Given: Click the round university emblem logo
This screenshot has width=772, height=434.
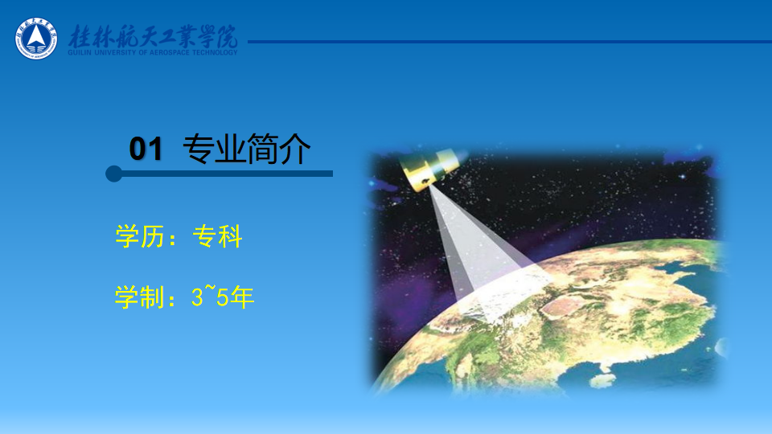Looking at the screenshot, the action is click(36, 39).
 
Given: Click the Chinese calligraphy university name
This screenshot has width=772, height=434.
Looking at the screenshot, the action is click(153, 36).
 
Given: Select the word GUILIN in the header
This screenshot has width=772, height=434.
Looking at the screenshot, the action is click(80, 52).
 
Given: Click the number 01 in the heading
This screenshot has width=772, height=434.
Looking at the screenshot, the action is click(146, 149).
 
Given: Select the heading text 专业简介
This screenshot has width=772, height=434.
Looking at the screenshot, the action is click(247, 148).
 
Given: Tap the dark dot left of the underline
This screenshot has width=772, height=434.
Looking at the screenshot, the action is click(113, 174).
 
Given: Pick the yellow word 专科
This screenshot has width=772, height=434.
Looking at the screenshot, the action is click(218, 236).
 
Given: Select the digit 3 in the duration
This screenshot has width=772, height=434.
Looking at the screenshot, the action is click(197, 297).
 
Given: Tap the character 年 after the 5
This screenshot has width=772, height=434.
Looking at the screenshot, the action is click(242, 297).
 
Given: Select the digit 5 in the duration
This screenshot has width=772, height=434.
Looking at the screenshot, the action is click(223, 297).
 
